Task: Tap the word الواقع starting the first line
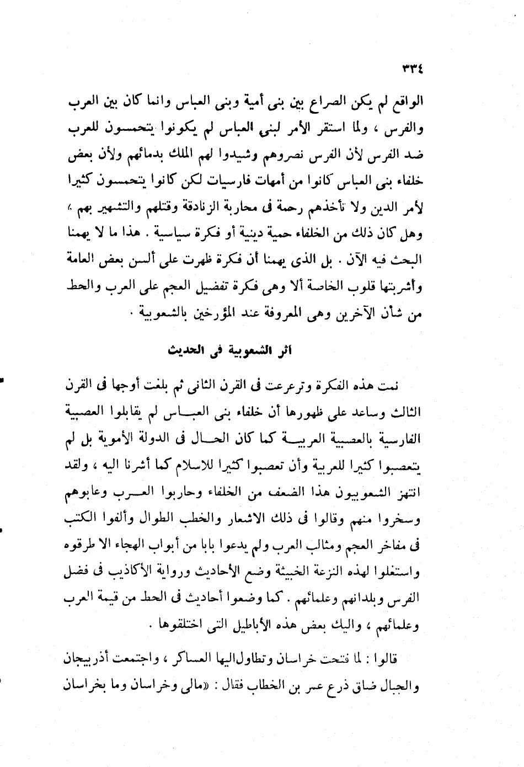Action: point(437,103)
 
